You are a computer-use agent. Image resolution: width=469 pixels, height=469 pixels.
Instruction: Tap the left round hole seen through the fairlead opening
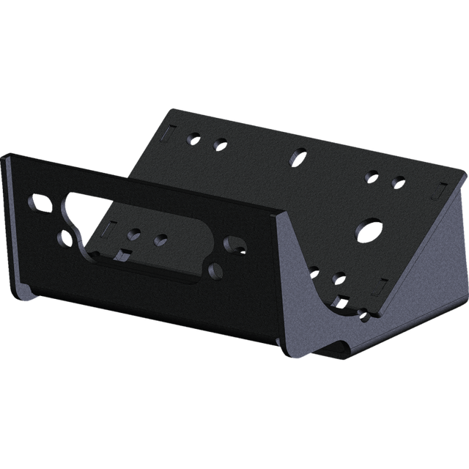(133, 234)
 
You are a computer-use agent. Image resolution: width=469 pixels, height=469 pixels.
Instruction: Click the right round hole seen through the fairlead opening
(161, 240)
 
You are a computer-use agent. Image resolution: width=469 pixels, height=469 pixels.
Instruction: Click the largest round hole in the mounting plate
(366, 230)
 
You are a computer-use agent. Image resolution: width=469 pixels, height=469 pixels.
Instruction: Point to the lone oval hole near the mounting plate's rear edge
(300, 155)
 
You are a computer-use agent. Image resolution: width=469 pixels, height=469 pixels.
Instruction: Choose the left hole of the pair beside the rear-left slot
(194, 137)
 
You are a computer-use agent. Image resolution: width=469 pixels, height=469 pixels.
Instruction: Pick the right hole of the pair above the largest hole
(398, 180)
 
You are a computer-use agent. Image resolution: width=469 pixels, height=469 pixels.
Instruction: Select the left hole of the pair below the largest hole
(314, 271)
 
